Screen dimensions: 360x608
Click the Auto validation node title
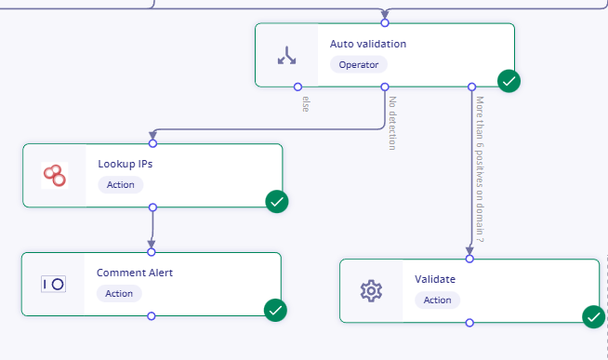pyautogui.click(x=367, y=44)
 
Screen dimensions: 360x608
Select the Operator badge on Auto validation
pyautogui.click(x=358, y=65)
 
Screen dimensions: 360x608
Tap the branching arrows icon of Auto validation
pyautogui.click(x=286, y=56)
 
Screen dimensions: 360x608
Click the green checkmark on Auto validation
pyautogui.click(x=509, y=81)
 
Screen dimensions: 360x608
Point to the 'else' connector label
pyautogui.click(x=305, y=103)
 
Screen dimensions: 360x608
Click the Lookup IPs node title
pyautogui.click(x=125, y=164)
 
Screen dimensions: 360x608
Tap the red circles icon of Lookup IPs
pyautogui.click(x=54, y=175)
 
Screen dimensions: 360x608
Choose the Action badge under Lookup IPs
pyautogui.click(x=120, y=184)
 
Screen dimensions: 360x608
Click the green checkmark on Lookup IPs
pyautogui.click(x=276, y=201)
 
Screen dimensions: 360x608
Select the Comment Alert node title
pyautogui.click(x=134, y=273)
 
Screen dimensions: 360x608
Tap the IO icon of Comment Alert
pyautogui.click(x=53, y=285)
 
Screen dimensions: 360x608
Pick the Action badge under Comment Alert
pyautogui.click(x=119, y=293)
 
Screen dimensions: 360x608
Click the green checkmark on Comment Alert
pyautogui.click(x=275, y=310)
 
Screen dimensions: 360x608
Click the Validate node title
pyautogui.click(x=435, y=279)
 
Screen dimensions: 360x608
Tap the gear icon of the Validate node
pyautogui.click(x=371, y=291)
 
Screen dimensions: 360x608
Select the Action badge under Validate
pyautogui.click(x=437, y=300)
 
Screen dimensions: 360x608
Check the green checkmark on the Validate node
pyautogui.click(x=593, y=316)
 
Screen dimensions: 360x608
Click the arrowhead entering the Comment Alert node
pyautogui.click(x=152, y=246)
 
